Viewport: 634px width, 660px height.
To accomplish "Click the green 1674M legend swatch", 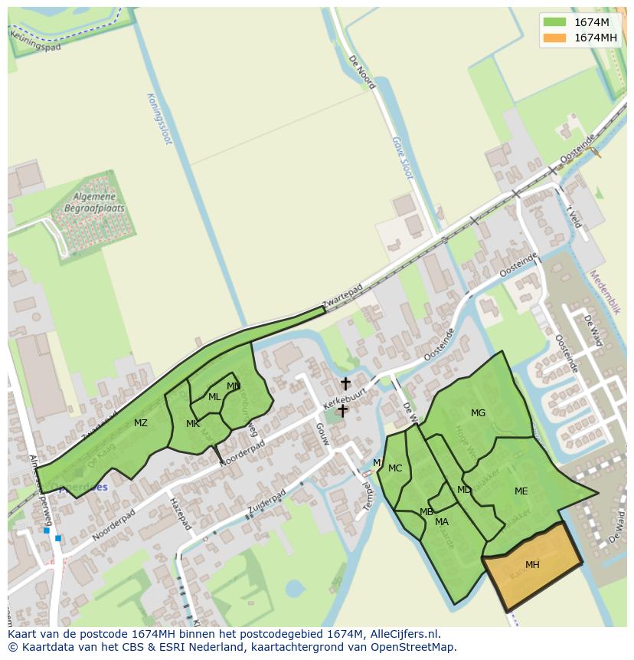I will coord(555,22).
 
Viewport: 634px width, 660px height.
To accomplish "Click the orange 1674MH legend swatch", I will coord(555,38).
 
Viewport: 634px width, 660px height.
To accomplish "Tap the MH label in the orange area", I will coord(532,565).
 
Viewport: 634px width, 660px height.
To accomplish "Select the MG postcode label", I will coord(478,413).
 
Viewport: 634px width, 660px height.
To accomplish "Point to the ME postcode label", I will coord(521,491).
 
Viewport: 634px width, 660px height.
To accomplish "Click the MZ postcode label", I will coord(141,423).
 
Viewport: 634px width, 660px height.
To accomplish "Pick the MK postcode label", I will coord(193,424).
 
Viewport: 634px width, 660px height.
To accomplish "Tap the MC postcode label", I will coord(395,468).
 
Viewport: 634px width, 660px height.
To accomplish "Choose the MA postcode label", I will coord(442,522).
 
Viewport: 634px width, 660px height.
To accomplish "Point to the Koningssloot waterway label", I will coord(159,119).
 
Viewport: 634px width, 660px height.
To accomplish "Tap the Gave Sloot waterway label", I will coord(402,158).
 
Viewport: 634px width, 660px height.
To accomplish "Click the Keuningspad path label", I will coord(35,38).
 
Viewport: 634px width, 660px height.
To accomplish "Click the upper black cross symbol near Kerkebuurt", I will coord(345,383).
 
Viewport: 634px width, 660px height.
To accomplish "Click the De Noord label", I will coord(362,71).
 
